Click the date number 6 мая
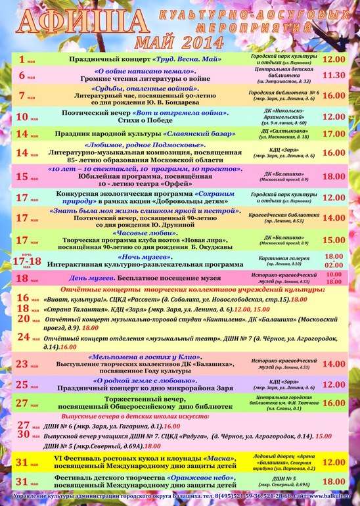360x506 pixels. coord(22,76)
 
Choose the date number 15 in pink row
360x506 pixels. coord(22,176)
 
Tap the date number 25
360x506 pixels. coord(22,384)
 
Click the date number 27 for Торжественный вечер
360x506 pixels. coord(22,403)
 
